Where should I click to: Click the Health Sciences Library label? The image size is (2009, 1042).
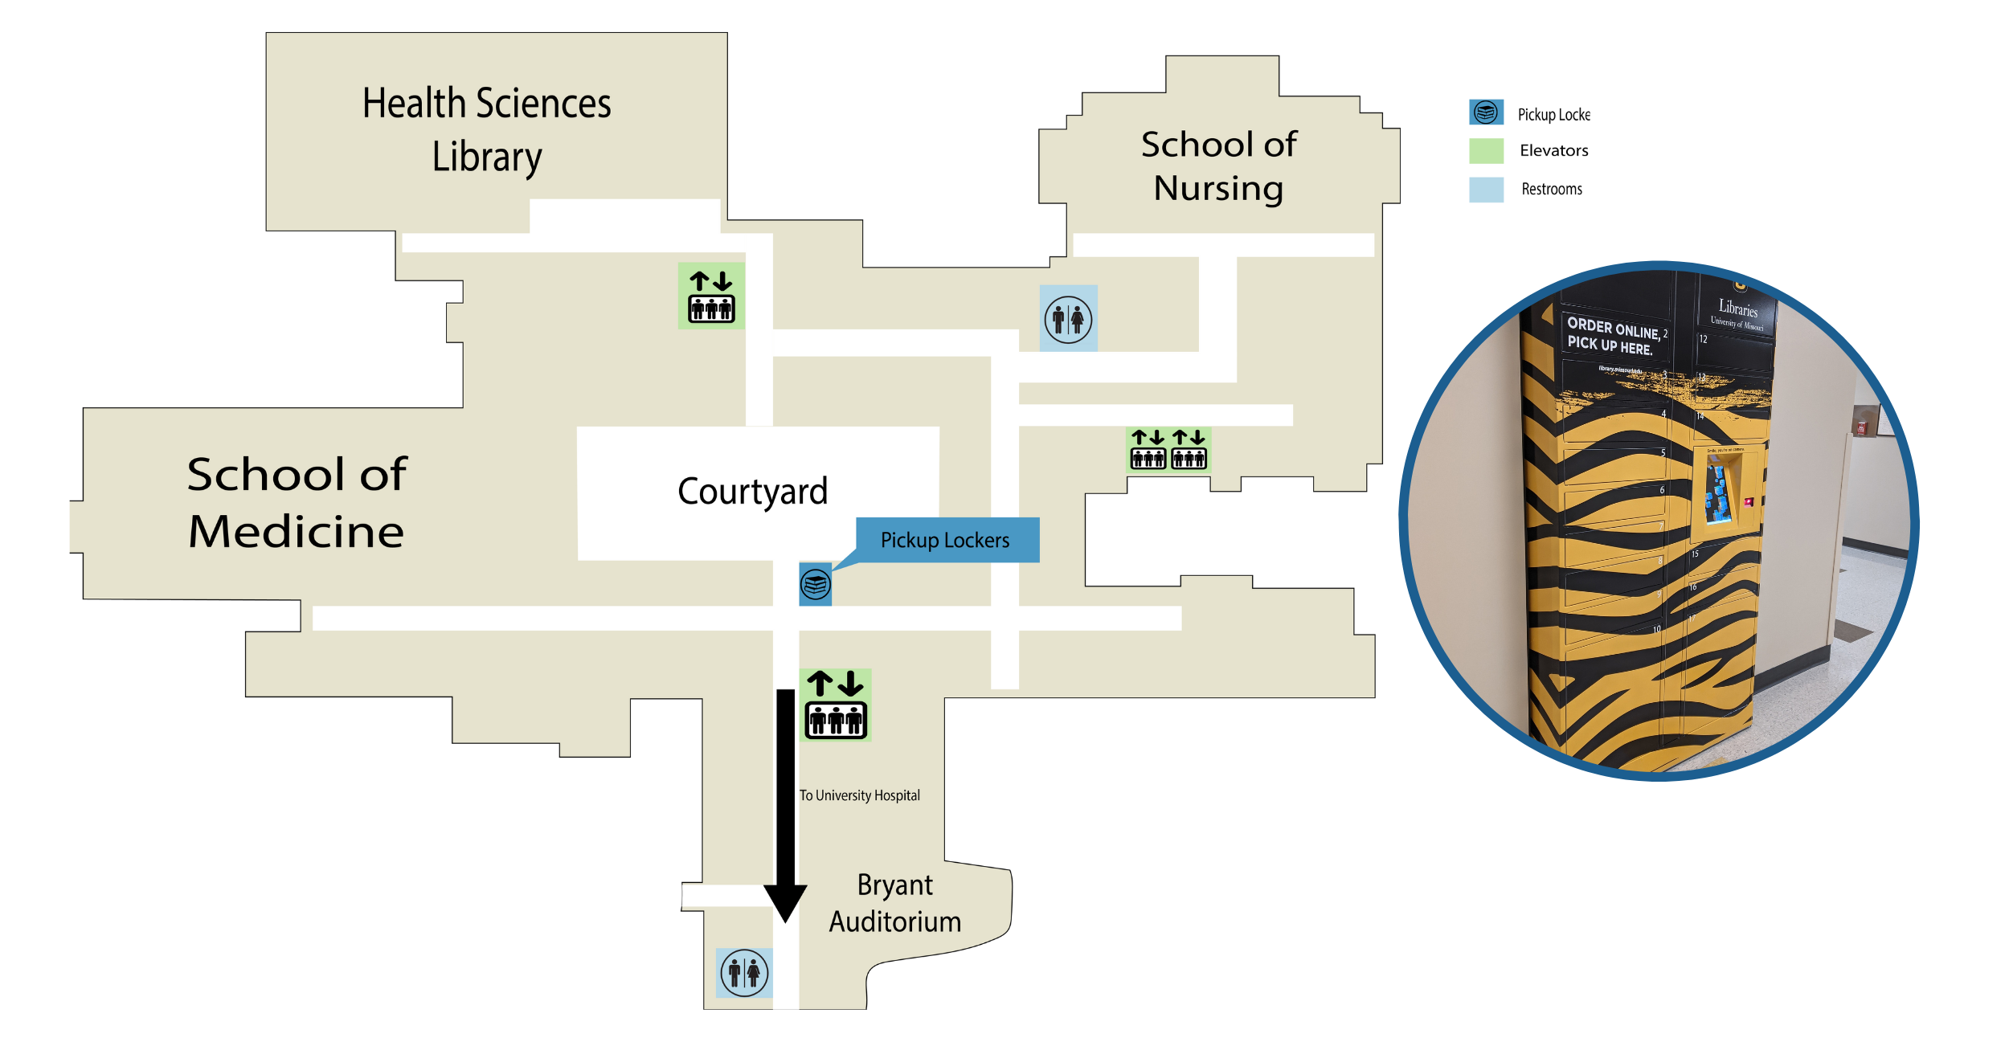[486, 129]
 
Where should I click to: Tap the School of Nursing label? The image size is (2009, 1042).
[1218, 166]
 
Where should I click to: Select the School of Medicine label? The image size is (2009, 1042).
[297, 502]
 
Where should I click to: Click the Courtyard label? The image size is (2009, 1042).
[752, 491]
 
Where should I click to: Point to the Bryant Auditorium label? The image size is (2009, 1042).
[895, 903]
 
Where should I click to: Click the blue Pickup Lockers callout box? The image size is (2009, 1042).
[947, 540]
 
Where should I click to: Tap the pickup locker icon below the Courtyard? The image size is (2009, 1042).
[815, 584]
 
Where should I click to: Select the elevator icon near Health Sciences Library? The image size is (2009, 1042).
[711, 296]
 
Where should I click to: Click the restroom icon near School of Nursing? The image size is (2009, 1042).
[1068, 319]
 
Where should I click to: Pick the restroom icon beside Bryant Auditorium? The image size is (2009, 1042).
[744, 973]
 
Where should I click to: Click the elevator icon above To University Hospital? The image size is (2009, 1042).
[836, 705]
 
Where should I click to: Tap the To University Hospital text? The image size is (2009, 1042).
[859, 795]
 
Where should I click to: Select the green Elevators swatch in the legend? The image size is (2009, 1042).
[1486, 151]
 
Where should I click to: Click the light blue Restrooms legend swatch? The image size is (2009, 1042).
[1486, 190]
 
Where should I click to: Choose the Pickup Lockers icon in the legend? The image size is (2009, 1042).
[1486, 112]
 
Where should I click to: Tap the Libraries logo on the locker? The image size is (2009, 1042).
[1737, 313]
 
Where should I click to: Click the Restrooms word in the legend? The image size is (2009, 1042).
[1551, 190]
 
